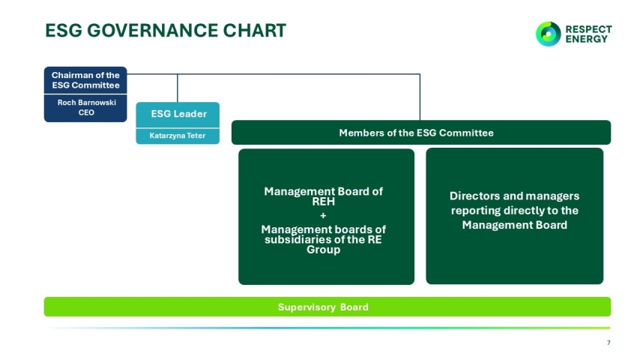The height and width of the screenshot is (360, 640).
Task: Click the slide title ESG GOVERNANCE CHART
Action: pos(165,31)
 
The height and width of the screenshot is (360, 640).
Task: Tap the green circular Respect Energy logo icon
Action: pos(548,34)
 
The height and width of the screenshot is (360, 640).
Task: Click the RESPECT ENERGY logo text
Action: pos(588,34)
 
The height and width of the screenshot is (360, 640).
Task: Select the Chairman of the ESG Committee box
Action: pos(85,80)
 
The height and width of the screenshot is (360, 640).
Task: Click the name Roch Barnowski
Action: pos(86,103)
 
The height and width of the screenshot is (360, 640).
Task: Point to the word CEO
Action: pos(86,112)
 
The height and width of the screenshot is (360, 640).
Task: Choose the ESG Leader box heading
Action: pos(178,114)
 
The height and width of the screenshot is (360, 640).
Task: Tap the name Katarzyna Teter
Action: pos(178,136)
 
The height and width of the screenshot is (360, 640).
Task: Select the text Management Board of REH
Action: pos(323,196)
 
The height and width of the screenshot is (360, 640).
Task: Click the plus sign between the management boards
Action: pos(323,216)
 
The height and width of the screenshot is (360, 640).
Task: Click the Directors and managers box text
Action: pos(514,210)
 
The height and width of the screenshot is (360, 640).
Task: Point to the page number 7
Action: pos(608,343)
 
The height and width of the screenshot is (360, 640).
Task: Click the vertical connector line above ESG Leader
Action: pos(178,88)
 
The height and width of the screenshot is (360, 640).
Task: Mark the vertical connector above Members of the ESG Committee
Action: pos(420,97)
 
